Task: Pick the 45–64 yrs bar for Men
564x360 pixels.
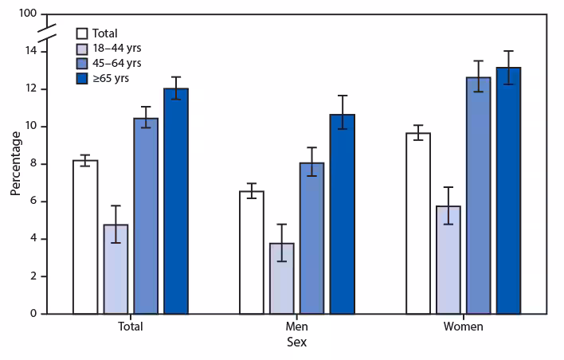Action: [312, 238]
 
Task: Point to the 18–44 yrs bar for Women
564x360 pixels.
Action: [448, 260]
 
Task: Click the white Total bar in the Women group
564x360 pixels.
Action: [418, 223]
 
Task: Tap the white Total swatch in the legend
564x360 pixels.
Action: [82, 33]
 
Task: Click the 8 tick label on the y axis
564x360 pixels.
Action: [33, 164]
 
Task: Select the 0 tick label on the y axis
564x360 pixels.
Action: [33, 314]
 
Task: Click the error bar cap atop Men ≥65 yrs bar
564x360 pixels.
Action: [343, 96]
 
